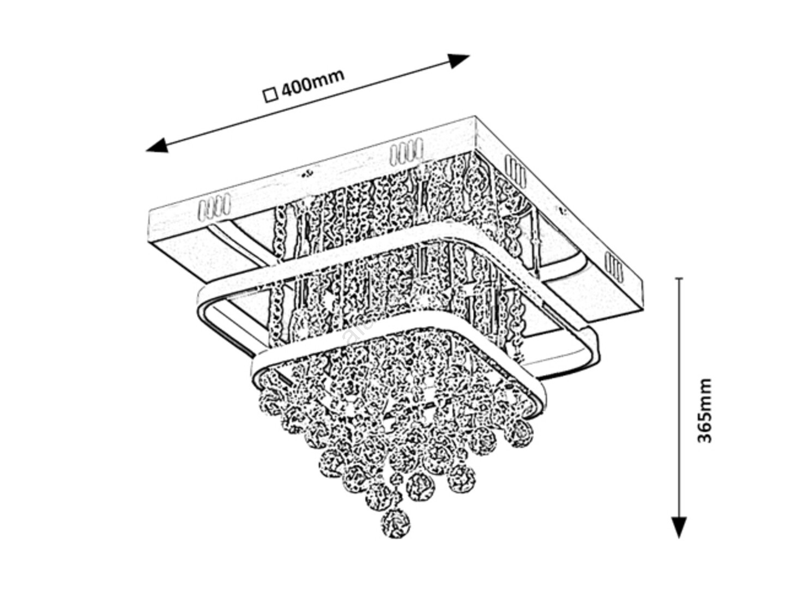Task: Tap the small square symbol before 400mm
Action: click(270, 95)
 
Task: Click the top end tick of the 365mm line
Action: click(679, 279)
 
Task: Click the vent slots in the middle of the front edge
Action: click(406, 151)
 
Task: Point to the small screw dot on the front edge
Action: click(308, 174)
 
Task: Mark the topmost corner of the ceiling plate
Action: click(475, 117)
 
